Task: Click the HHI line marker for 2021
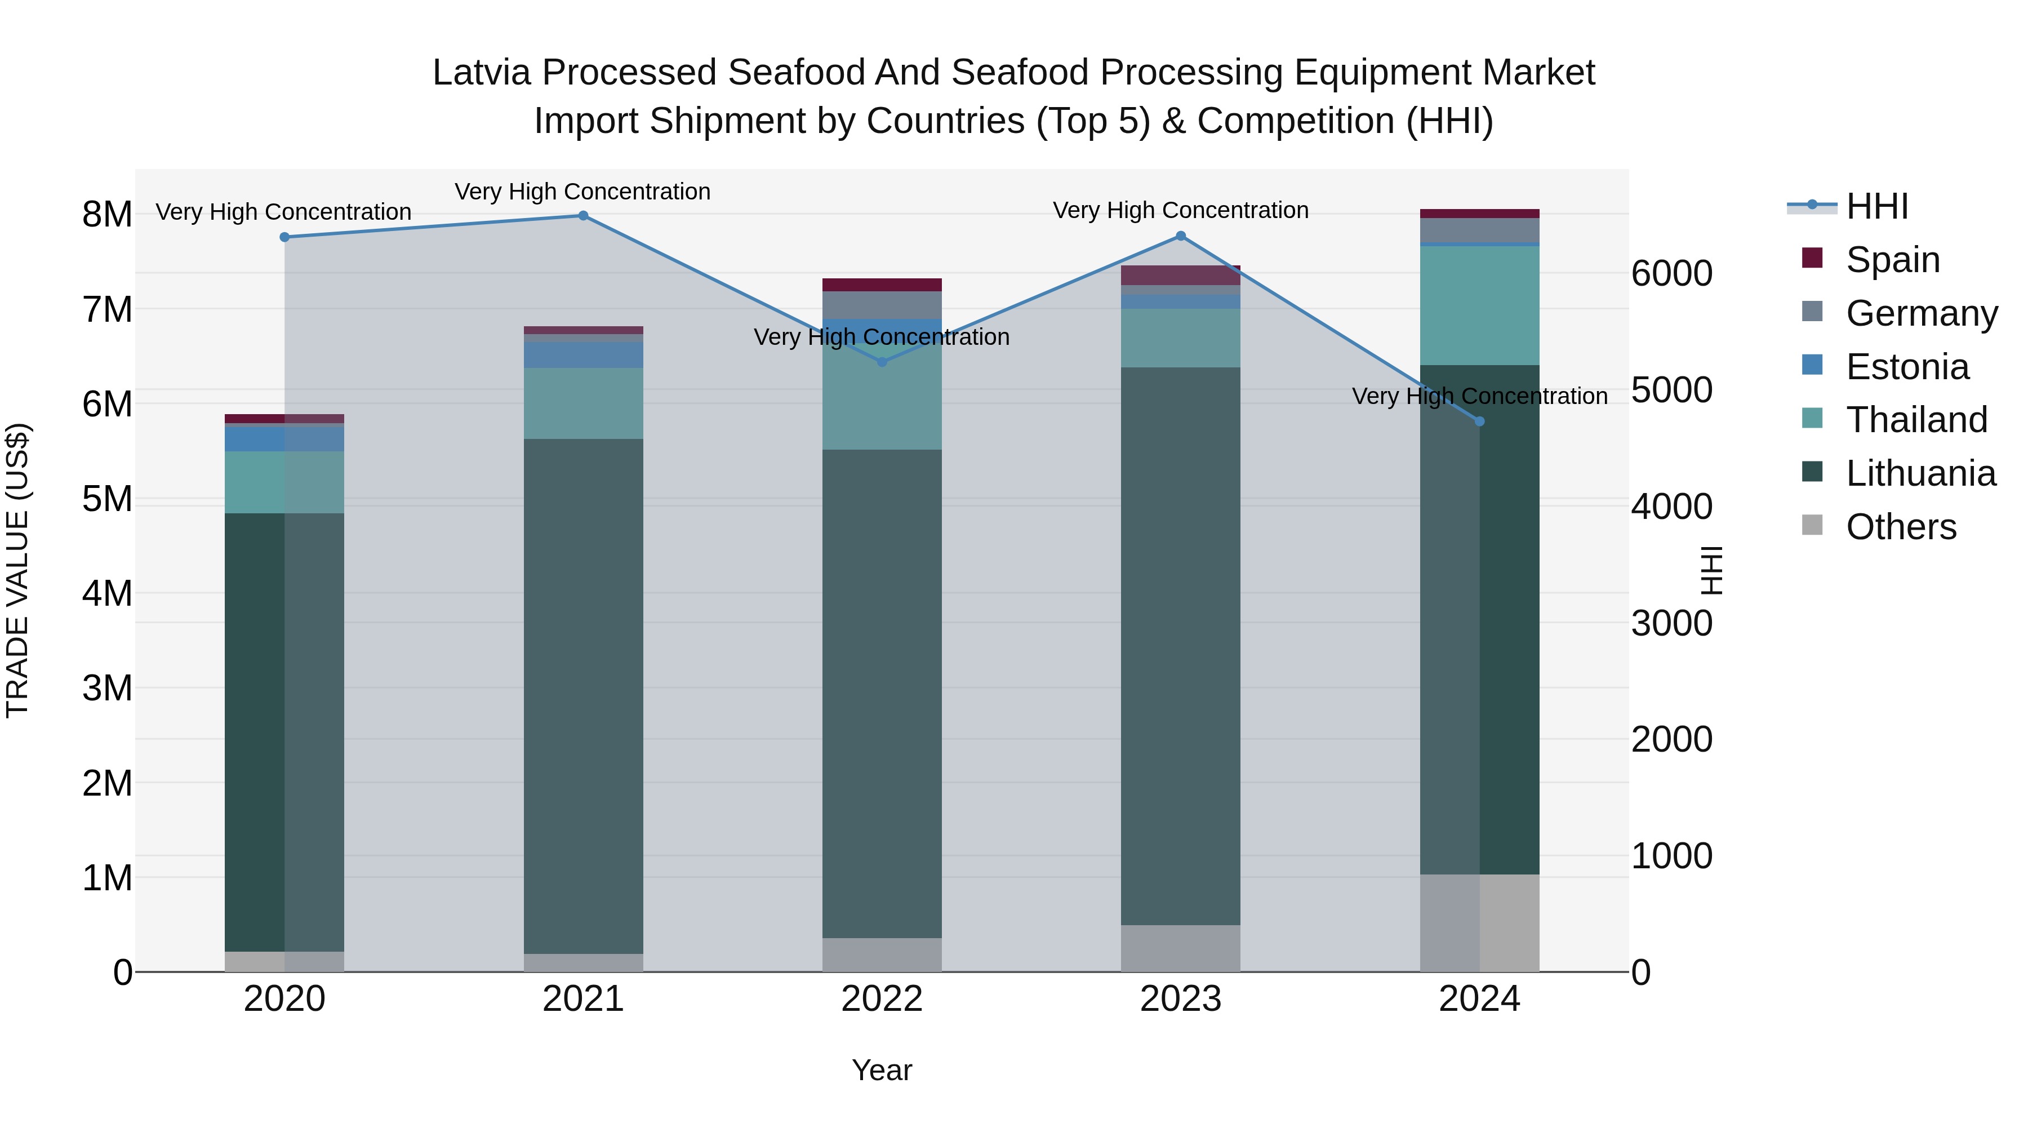pyautogui.click(x=584, y=216)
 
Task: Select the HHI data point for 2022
pyautogui.click(x=882, y=362)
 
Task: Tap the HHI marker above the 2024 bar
pyautogui.click(x=1479, y=421)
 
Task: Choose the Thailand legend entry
pyautogui.click(x=1916, y=420)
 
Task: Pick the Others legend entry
pyautogui.click(x=1901, y=527)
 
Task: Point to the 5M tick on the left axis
pyautogui.click(x=107, y=499)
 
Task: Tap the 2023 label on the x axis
pyautogui.click(x=1180, y=999)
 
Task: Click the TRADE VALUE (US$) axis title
pyautogui.click(x=17, y=570)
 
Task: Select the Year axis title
pyautogui.click(x=882, y=1070)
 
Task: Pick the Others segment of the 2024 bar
pyautogui.click(x=1479, y=923)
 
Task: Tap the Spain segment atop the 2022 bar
pyautogui.click(x=882, y=285)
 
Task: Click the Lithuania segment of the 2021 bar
pyautogui.click(x=584, y=696)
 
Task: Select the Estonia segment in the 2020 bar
pyautogui.click(x=284, y=438)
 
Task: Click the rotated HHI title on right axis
pyautogui.click(x=1710, y=570)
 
